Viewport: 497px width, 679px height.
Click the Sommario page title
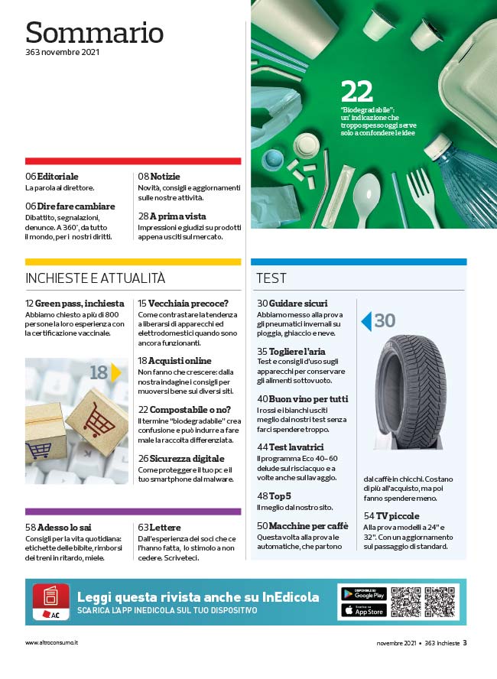click(x=94, y=32)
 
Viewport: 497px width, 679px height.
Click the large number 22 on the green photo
click(x=357, y=93)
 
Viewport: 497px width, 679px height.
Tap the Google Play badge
click(x=363, y=593)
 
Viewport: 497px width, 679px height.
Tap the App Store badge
click(x=363, y=611)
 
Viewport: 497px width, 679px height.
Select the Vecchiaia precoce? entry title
click(x=183, y=304)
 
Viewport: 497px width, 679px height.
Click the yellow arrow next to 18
click(x=116, y=372)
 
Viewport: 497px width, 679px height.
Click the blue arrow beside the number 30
click(x=366, y=321)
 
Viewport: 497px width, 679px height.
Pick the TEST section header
click(x=271, y=278)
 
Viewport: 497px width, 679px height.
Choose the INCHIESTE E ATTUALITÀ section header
click(x=95, y=278)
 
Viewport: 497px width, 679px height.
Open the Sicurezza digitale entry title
click(x=181, y=458)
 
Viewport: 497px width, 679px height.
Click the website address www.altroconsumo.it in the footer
click(x=51, y=643)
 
